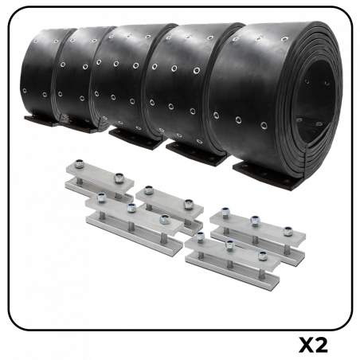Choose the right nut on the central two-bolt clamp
(x=188, y=203)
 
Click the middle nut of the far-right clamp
(x=255, y=219)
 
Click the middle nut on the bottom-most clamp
(x=229, y=244)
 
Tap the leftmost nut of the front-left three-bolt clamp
(x=100, y=196)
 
